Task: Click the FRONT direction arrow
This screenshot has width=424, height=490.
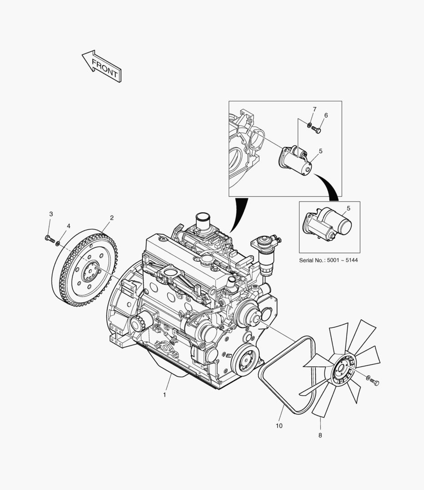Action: [102, 66]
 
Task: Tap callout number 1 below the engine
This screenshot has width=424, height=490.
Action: [165, 395]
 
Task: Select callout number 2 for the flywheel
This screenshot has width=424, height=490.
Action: [111, 218]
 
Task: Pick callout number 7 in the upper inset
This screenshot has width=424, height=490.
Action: [315, 109]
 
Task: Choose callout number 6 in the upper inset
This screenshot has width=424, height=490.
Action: [326, 115]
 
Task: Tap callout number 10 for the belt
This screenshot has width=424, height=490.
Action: [279, 426]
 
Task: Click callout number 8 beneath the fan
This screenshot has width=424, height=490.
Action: [320, 435]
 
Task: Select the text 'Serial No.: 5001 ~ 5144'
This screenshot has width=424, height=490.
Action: [328, 260]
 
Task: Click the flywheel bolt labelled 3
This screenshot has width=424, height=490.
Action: [50, 239]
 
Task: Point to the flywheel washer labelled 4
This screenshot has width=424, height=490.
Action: [58, 242]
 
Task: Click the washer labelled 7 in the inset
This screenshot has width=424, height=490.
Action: [309, 125]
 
